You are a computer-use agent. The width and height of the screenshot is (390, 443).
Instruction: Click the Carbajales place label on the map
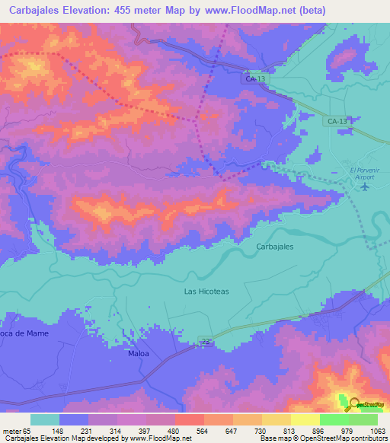click(x=274, y=247)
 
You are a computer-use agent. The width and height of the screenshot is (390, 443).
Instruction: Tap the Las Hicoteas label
click(x=206, y=291)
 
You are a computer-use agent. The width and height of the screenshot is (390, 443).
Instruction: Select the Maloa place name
click(x=139, y=354)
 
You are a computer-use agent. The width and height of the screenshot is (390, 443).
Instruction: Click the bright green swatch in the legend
click(x=334, y=419)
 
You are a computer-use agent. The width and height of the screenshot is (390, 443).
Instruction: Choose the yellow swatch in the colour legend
click(x=305, y=419)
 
